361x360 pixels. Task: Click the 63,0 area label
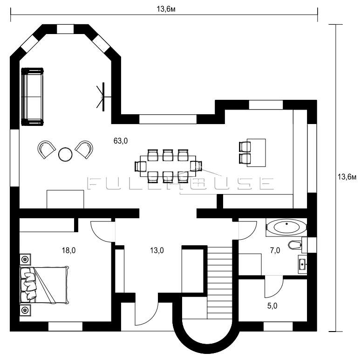click(x=121, y=140)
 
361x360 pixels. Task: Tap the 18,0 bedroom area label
click(x=68, y=250)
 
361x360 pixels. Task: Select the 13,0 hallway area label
click(x=157, y=250)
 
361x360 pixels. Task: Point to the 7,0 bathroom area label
click(x=275, y=250)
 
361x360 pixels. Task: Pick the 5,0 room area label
click(x=272, y=306)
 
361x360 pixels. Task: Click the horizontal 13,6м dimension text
click(x=166, y=9)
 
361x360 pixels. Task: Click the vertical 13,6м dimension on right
click(x=347, y=177)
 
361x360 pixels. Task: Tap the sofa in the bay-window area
click(x=32, y=97)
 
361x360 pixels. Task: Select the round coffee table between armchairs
click(x=65, y=154)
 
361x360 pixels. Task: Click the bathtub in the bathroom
click(x=286, y=227)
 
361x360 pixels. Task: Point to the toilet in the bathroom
click(x=295, y=245)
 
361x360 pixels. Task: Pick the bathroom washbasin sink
click(x=302, y=264)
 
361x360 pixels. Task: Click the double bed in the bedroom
click(x=44, y=285)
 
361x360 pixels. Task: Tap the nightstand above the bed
click(x=25, y=260)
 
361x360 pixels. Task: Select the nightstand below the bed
click(x=25, y=310)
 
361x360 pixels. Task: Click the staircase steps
click(x=220, y=283)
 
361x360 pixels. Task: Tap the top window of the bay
click(x=65, y=29)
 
